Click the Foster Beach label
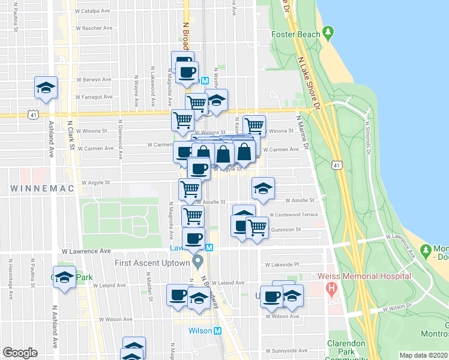click(296, 34)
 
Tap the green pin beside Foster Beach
click(328, 33)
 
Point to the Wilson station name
click(200, 331)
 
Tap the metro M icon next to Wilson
click(218, 331)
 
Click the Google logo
click(20, 353)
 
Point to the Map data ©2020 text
click(423, 355)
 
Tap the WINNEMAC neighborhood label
click(41, 188)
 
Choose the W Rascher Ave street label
click(94, 28)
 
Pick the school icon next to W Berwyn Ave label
click(46, 88)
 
